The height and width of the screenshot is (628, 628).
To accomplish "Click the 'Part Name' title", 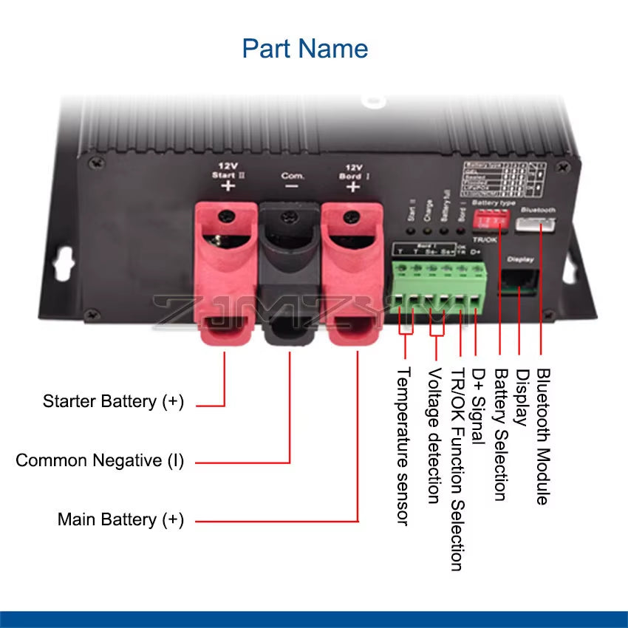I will (x=304, y=49).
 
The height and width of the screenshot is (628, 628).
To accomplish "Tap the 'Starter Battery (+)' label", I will (x=113, y=401).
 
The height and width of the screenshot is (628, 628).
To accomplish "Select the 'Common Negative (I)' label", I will (x=100, y=460).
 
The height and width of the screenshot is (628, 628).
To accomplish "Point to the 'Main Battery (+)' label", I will (x=120, y=519).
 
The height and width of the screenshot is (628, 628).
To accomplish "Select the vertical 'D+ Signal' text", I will (x=479, y=406).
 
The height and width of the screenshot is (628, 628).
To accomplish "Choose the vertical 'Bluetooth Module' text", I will (x=543, y=437).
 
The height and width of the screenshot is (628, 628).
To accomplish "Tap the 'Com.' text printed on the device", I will (x=293, y=177).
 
